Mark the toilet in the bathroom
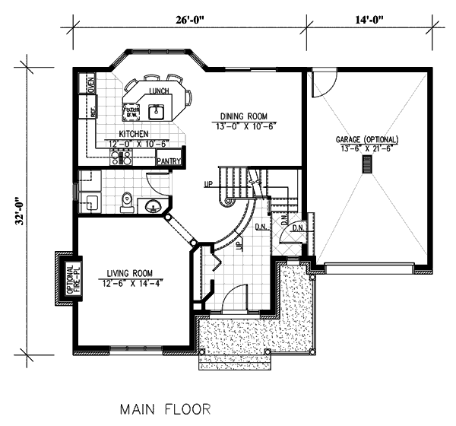pos(127,201)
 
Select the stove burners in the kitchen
pos(122,158)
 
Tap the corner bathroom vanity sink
pos(153,205)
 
